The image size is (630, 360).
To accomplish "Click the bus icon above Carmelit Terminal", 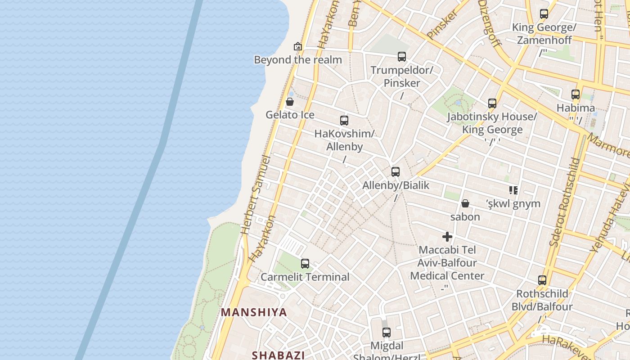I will (305, 264).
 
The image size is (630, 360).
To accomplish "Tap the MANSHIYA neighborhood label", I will (254, 312).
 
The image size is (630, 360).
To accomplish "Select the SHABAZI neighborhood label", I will (279, 355).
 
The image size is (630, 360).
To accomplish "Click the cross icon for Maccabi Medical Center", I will (447, 237).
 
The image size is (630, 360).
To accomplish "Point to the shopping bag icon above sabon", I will (465, 203).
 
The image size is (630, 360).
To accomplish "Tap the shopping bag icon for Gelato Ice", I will (290, 102).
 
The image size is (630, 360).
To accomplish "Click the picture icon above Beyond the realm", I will (297, 46).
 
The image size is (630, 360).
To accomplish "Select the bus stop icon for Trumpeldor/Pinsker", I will (402, 57).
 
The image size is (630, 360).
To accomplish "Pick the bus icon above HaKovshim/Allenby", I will (344, 121).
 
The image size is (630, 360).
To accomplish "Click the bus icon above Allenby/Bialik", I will (396, 172).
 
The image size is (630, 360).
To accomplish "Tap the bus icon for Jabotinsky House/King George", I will (492, 103).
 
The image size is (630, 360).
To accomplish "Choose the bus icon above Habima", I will (576, 94).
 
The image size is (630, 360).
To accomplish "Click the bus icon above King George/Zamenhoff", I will (544, 14).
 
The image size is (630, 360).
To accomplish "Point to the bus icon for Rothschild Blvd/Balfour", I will (542, 280).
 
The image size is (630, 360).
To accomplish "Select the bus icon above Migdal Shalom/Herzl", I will (387, 333).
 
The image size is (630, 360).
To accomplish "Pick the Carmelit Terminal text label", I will (305, 277).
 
